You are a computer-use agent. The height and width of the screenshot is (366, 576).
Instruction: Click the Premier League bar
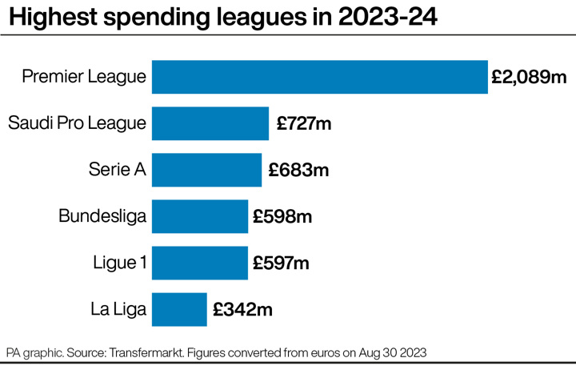pyautogui.click(x=319, y=77)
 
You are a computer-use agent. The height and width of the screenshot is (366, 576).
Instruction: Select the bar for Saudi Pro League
pyautogui.click(x=210, y=123)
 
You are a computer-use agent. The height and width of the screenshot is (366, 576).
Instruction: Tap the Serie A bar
pyautogui.click(x=206, y=170)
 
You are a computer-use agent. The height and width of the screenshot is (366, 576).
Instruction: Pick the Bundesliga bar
pyautogui.click(x=199, y=216)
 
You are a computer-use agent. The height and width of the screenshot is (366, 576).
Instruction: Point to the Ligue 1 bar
pyautogui.click(x=199, y=263)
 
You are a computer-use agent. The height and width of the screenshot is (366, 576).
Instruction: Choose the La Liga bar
pyautogui.click(x=179, y=309)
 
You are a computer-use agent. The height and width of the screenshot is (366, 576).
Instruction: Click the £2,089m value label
pyautogui.click(x=529, y=78)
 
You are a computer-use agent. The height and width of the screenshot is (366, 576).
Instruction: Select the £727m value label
pyautogui.click(x=304, y=124)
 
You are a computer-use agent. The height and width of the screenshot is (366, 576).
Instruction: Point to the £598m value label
pyautogui.click(x=282, y=217)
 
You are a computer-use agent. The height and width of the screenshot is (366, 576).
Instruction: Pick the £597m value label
pyautogui.click(x=282, y=263)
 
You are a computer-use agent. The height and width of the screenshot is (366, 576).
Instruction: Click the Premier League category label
pyautogui.click(x=84, y=78)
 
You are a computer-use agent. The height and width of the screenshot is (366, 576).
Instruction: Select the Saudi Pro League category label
pyautogui.click(x=77, y=124)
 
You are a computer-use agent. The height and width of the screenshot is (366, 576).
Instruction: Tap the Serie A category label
pyautogui.click(x=118, y=171)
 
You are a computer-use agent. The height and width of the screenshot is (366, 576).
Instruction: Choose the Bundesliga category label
pyautogui.click(x=102, y=217)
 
